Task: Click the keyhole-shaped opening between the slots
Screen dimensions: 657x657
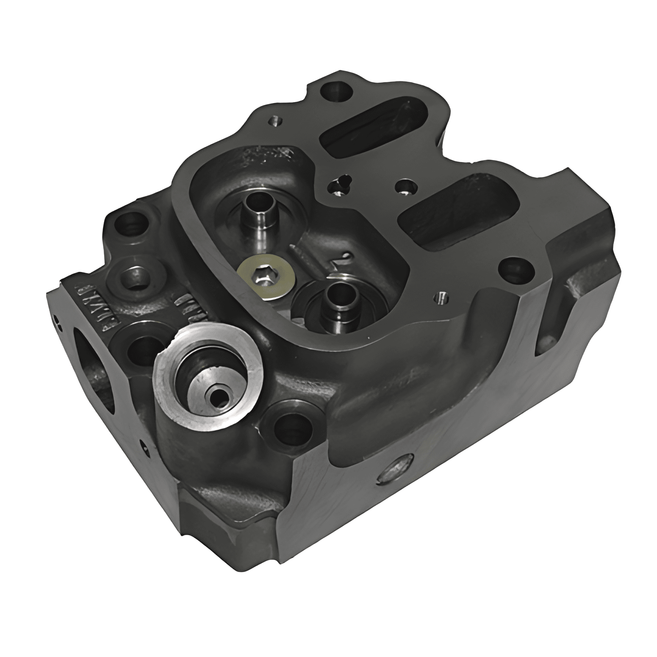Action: coord(339,185)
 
